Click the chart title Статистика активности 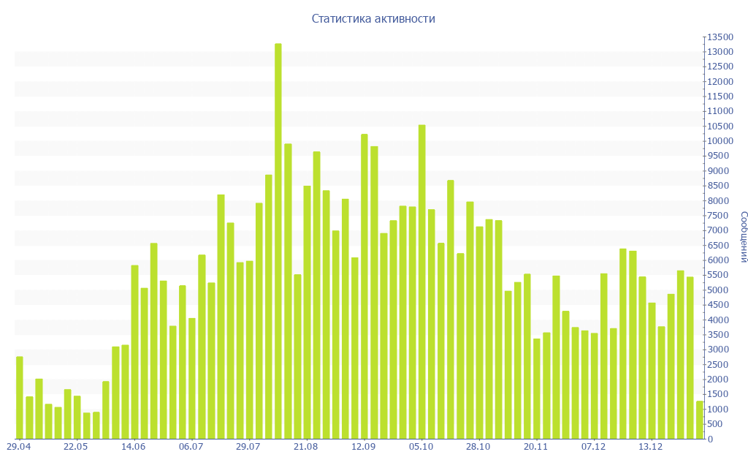[373, 19]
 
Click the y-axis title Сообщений [743, 237]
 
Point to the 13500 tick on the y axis [720, 37]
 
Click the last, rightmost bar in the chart [699, 420]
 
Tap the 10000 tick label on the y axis [720, 141]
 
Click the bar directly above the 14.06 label [135, 352]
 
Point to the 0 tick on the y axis [711, 439]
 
